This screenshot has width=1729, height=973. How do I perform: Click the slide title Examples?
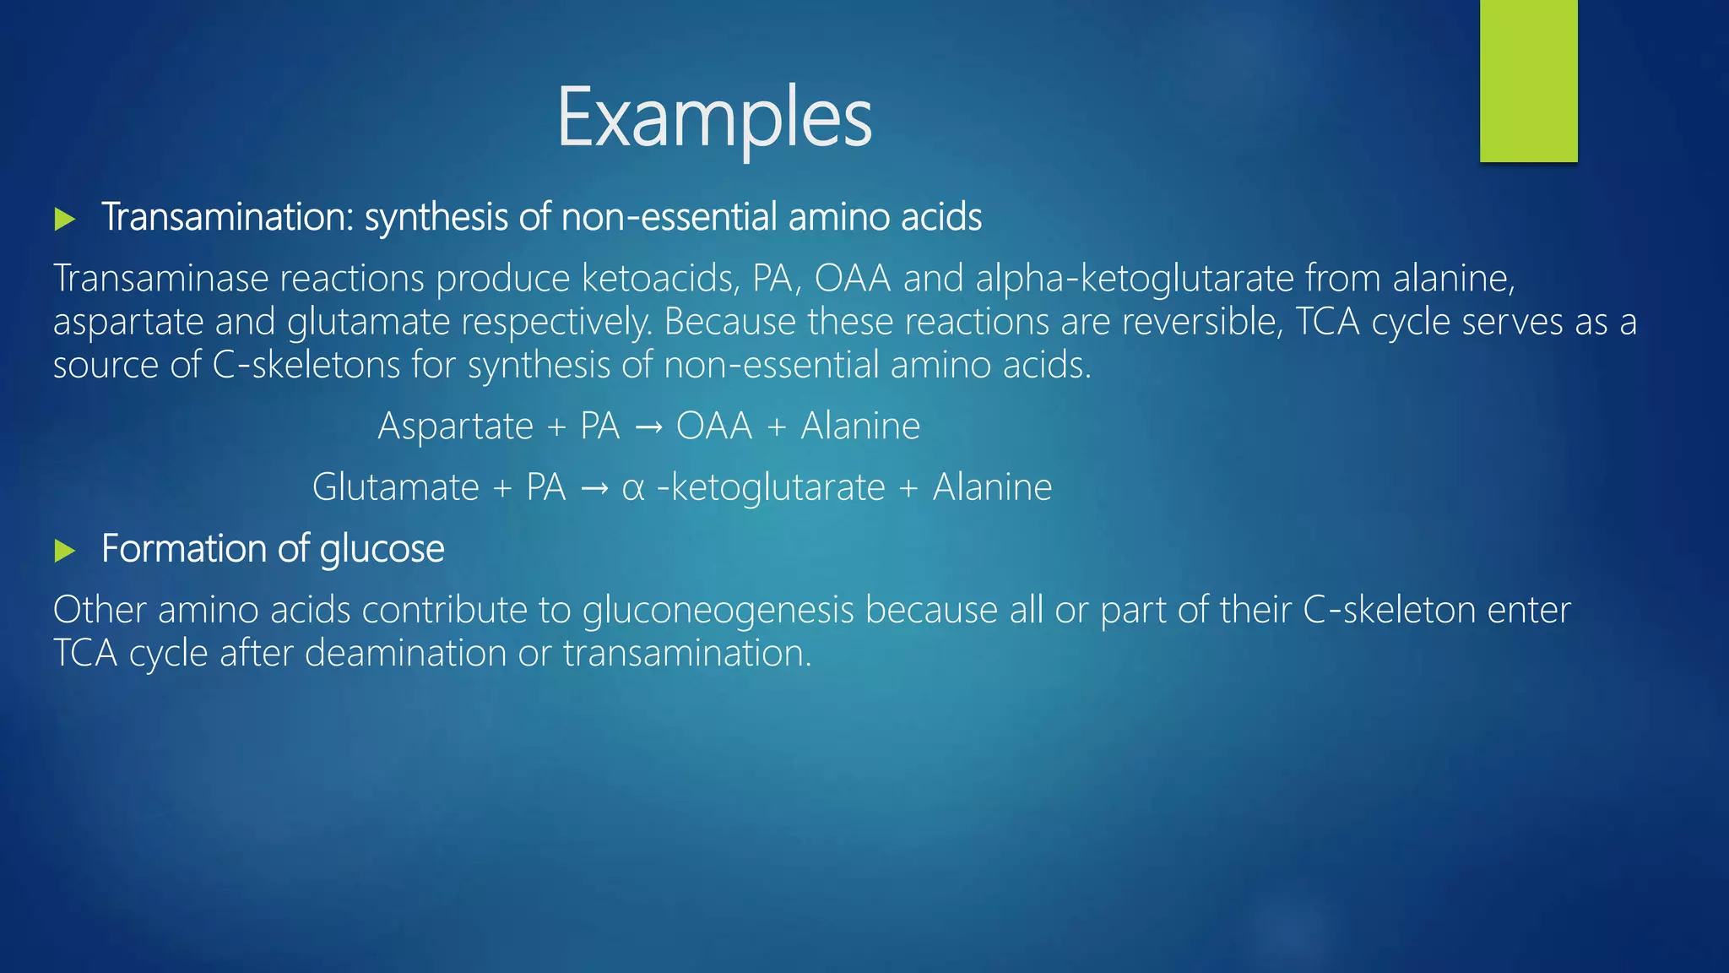coord(714,118)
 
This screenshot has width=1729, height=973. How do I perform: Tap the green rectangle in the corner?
coord(1528,80)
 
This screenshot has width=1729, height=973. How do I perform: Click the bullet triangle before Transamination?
coord(65,220)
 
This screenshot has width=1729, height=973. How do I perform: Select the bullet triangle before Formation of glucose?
coord(65,552)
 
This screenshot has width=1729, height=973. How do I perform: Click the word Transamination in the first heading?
coord(224,217)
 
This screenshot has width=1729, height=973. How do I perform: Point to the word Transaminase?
coord(160,279)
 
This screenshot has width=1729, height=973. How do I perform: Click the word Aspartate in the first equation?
coord(455,426)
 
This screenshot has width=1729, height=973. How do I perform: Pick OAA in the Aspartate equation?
coord(713,426)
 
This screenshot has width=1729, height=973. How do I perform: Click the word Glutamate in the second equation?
coord(395,487)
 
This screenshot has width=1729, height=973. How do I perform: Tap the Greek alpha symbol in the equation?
coord(633,489)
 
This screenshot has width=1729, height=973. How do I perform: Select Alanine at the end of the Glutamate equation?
coord(992,487)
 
